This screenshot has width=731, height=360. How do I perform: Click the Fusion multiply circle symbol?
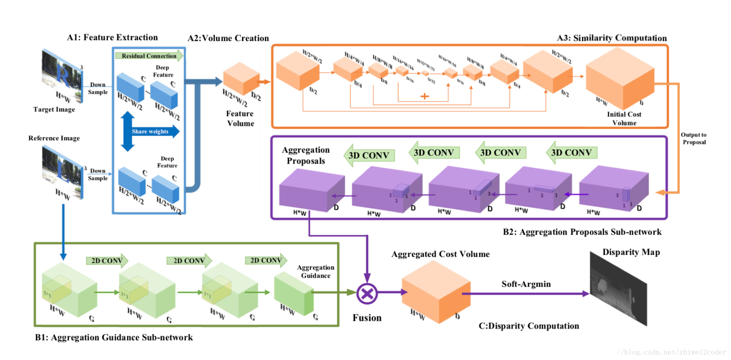pos(367,293)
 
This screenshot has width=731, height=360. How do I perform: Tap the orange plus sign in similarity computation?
pos(425,96)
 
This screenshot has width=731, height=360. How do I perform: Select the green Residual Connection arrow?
pos(149,56)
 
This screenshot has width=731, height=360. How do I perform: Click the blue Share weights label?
pos(150,132)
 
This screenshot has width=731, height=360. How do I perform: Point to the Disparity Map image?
pos(618,289)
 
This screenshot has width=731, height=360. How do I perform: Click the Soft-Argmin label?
pos(526,284)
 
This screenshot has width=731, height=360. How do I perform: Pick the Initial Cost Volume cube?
pos(620,79)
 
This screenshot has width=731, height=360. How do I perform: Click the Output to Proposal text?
pos(694,138)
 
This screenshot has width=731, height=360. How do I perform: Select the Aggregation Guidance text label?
pos(316,271)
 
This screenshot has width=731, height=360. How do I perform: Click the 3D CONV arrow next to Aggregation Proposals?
pos(369,155)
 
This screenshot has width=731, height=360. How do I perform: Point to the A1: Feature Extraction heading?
pos(112,37)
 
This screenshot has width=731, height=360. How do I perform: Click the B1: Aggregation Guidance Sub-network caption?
pos(114,338)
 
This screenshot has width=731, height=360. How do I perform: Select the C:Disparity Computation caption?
pos(529,326)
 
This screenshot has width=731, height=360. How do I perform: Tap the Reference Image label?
pos(54,138)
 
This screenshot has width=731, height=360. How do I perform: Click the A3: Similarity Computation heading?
pos(612,38)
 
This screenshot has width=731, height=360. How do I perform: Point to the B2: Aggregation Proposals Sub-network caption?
pos(582,232)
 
